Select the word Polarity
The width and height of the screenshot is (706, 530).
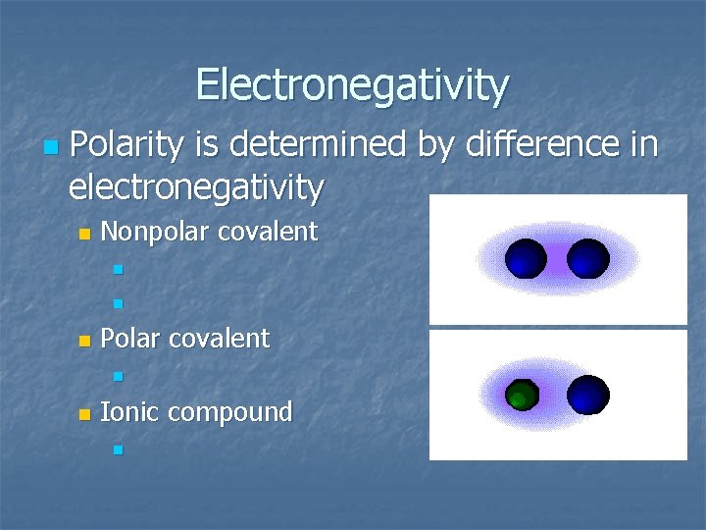coord(127,145)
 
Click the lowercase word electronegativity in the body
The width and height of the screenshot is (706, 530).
coord(196,186)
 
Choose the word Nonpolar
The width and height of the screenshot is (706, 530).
coord(155,233)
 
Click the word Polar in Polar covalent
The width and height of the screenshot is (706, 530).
coord(131,339)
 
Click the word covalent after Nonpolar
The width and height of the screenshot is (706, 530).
coord(268,233)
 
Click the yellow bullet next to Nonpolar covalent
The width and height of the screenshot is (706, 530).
coord(84,235)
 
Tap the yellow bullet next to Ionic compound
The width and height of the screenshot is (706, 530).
coord(84,414)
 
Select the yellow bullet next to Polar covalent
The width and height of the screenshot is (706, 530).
coord(84,341)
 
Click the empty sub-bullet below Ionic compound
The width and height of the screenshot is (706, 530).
coord(117,450)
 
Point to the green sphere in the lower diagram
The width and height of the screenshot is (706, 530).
coord(522,397)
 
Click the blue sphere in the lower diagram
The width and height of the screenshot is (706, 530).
coord(587,396)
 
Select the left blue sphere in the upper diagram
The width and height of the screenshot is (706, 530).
coord(526,259)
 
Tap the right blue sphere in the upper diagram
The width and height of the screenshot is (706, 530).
coord(587,259)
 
